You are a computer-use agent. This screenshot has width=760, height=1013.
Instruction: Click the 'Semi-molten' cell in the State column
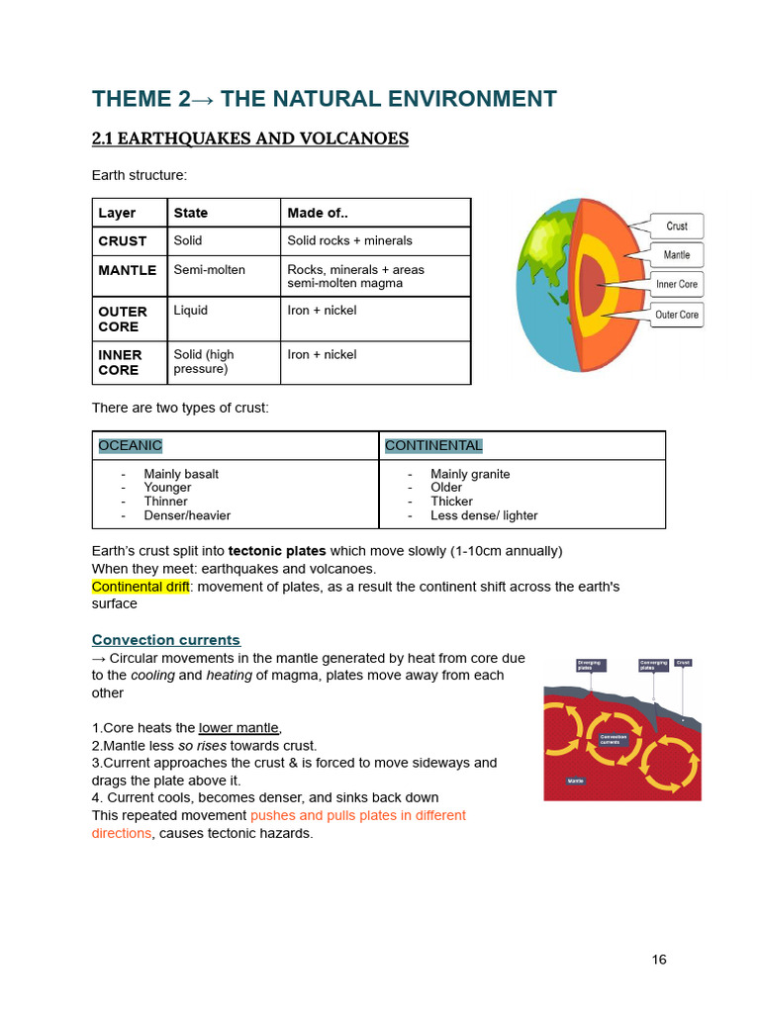click(x=209, y=269)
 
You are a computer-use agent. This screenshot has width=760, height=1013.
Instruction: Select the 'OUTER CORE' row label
click(x=123, y=319)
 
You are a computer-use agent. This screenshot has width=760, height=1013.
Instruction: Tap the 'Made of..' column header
click(x=317, y=213)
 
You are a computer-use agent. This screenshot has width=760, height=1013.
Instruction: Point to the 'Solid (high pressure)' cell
click(x=204, y=361)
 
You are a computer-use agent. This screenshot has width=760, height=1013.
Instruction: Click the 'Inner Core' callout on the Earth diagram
click(x=677, y=284)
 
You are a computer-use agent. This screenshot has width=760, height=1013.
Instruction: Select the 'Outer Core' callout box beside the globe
click(x=677, y=315)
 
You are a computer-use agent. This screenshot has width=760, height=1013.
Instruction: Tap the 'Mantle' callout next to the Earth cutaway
click(x=677, y=254)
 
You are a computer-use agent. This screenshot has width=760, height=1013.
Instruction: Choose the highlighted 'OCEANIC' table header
click(x=130, y=445)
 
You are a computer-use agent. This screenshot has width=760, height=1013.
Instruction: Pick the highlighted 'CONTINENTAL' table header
click(x=433, y=445)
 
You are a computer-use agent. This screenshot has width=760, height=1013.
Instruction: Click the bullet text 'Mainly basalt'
click(x=181, y=474)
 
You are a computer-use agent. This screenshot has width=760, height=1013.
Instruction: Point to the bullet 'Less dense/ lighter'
click(x=484, y=515)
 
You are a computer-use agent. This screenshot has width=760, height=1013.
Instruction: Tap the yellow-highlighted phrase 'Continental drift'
click(x=141, y=587)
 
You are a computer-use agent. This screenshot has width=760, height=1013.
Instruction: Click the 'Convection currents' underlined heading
click(x=165, y=640)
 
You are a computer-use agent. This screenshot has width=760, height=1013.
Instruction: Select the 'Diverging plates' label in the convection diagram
click(x=590, y=665)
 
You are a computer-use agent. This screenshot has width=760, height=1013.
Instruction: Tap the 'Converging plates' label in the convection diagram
click(x=653, y=665)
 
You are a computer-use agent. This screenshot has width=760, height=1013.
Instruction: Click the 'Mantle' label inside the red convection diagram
click(x=575, y=781)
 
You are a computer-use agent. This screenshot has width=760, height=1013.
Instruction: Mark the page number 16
click(x=659, y=960)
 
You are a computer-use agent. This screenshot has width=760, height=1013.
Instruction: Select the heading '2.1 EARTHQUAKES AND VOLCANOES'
click(x=249, y=138)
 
